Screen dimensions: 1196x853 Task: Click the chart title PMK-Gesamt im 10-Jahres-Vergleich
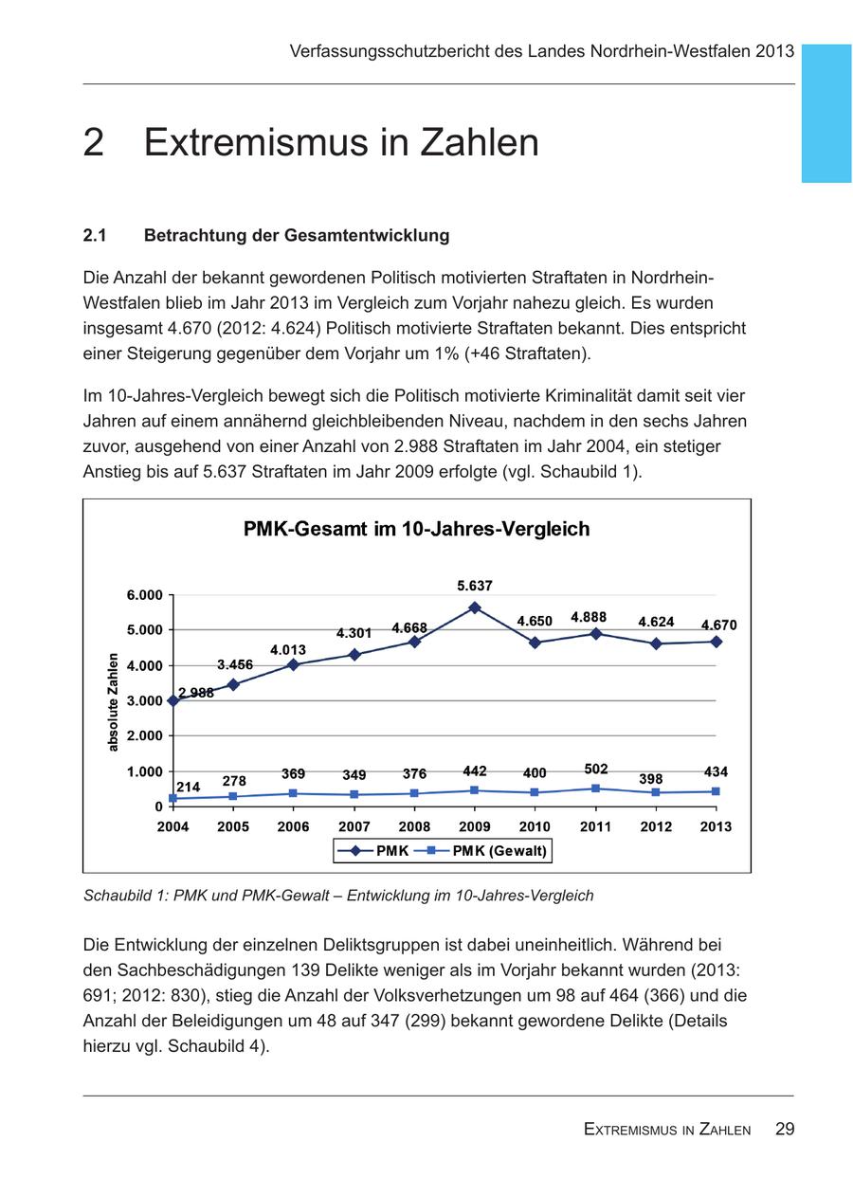pyautogui.click(x=416, y=529)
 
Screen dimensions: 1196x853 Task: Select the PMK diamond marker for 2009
pyautogui.click(x=475, y=607)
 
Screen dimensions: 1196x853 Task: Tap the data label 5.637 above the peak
pyautogui.click(x=475, y=587)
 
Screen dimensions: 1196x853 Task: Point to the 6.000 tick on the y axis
pyautogui.click(x=144, y=595)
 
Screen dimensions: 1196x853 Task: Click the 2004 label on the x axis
pyautogui.click(x=172, y=826)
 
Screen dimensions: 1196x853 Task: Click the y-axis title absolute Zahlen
pyautogui.click(x=114, y=701)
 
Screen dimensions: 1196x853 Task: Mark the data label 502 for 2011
pyautogui.click(x=596, y=769)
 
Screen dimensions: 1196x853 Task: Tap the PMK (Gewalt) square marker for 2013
pyautogui.click(x=716, y=791)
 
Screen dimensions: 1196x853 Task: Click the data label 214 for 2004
pyautogui.click(x=188, y=787)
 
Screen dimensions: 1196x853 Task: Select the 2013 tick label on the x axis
pyautogui.click(x=716, y=826)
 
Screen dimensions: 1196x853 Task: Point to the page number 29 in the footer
pyautogui.click(x=784, y=1129)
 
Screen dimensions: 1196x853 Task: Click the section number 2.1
pyautogui.click(x=94, y=235)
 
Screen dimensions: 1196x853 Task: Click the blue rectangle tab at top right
pyautogui.click(x=826, y=113)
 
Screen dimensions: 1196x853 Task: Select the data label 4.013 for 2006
pyautogui.click(x=288, y=650)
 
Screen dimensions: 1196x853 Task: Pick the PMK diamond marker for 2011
pyautogui.click(x=595, y=634)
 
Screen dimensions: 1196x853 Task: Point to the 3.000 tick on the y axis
pyautogui.click(x=144, y=701)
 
